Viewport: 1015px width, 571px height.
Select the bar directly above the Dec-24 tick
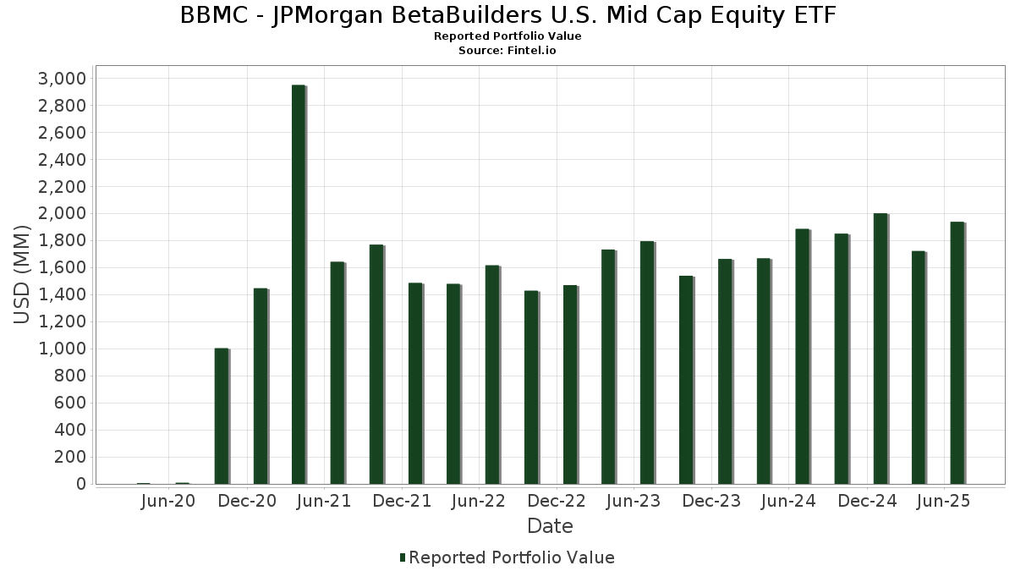(x=880, y=349)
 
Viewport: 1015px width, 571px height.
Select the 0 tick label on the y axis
(x=80, y=484)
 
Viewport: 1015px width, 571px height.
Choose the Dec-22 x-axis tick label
(x=556, y=501)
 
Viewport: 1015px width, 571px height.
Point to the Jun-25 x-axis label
(x=943, y=501)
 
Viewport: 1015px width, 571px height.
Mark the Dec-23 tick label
(x=711, y=501)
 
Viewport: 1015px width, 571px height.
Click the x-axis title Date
(x=550, y=526)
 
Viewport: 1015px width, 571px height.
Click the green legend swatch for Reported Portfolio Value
(x=403, y=557)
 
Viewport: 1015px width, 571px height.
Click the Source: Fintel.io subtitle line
(x=507, y=50)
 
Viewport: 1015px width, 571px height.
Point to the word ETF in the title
(x=815, y=15)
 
